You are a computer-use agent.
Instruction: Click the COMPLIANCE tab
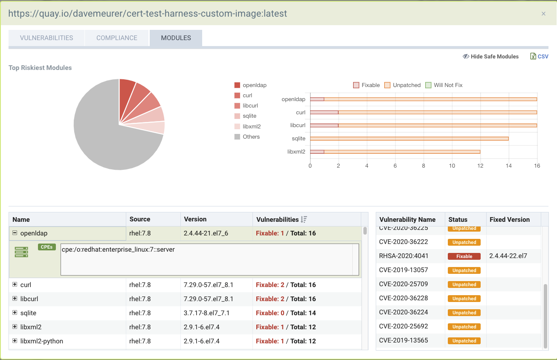coord(116,38)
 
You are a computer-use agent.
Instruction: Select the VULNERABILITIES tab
coord(46,38)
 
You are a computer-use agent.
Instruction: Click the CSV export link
coord(540,56)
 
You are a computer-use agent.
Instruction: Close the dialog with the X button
coord(543,14)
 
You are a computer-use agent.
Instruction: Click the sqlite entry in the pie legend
coord(249,116)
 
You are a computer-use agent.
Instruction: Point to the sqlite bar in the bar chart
coord(409,139)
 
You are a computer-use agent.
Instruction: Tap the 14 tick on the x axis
coord(509,166)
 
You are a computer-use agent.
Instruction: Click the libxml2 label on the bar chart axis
coord(296,151)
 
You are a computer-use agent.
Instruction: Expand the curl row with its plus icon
coord(15,285)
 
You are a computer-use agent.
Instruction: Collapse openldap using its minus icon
coord(15,233)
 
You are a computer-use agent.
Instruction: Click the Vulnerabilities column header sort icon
coord(304,220)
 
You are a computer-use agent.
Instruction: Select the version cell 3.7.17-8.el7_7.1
coord(207,313)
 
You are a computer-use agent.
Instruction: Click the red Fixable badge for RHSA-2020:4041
coord(464,256)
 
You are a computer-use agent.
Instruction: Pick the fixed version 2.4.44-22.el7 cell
coord(508,256)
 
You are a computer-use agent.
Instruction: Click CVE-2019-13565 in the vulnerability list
coord(403,340)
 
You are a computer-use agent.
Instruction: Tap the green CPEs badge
coord(47,247)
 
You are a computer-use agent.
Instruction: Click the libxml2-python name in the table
coord(42,341)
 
